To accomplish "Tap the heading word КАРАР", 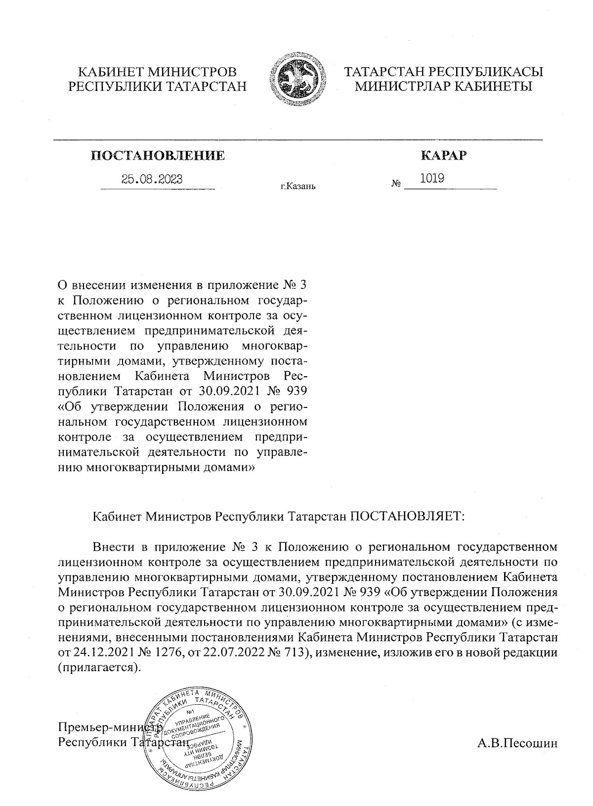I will [443, 156].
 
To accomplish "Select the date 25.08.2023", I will [152, 179].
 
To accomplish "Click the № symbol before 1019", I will [396, 184].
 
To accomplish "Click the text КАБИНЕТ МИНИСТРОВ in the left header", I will [157, 72].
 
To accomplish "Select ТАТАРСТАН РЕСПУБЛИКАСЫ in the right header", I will [443, 72].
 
